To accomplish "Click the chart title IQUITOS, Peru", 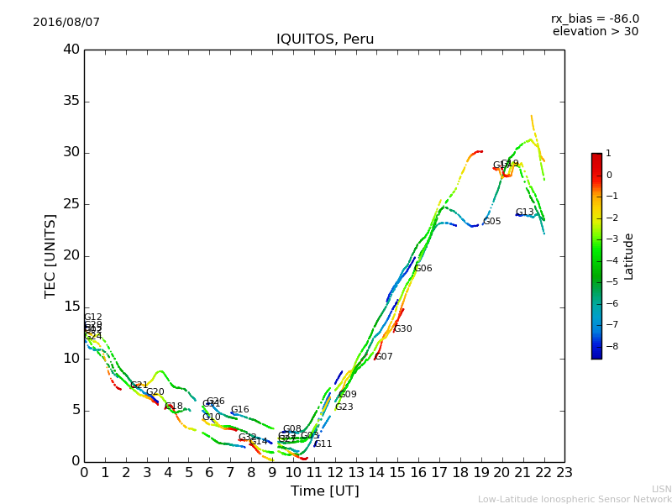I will click(x=325, y=39).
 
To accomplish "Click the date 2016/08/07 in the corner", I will click(x=66, y=23).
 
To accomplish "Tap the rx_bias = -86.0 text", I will click(x=595, y=19).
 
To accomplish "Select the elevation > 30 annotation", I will click(x=595, y=32).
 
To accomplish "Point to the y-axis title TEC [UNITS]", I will click(x=50, y=255).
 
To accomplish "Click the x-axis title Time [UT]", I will click(x=324, y=491).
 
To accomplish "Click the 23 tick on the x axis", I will click(x=564, y=473).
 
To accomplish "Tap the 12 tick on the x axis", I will click(x=334, y=473).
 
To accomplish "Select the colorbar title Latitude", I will click(x=629, y=256).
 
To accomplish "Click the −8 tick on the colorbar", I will click(x=609, y=346).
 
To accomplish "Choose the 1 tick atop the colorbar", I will click(x=608, y=154).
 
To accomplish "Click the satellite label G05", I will click(x=491, y=222).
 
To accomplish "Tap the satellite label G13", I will click(x=524, y=213).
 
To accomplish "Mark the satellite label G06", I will click(x=423, y=269).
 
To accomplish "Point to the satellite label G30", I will click(x=402, y=329).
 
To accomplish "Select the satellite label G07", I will click(x=383, y=357).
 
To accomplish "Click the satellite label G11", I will click(x=323, y=444).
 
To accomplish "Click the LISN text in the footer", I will click(x=661, y=489).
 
